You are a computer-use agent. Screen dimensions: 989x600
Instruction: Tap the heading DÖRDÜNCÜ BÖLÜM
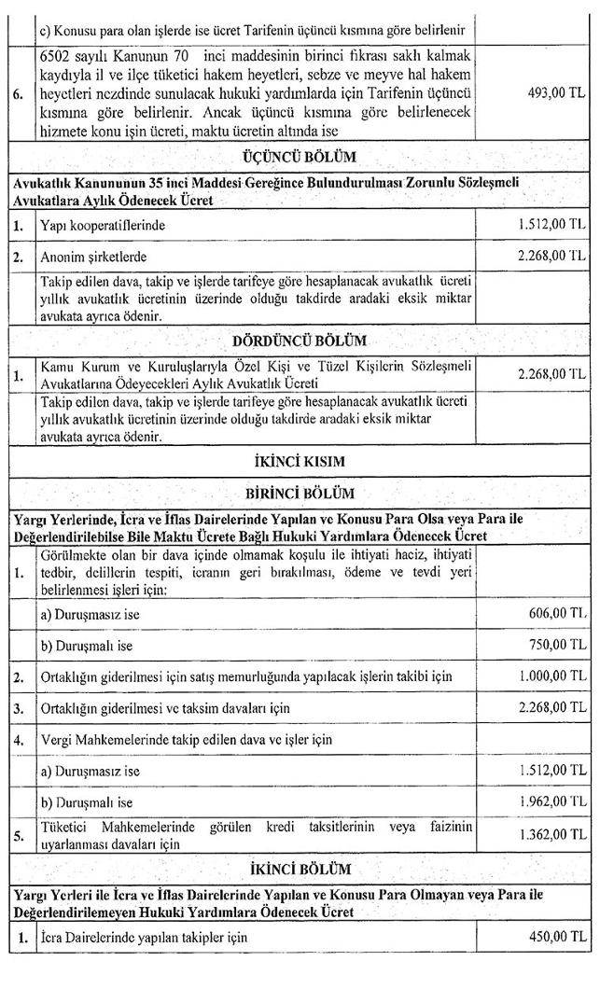pos(300,341)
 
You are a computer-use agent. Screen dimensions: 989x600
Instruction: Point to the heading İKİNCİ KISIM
pos(300,461)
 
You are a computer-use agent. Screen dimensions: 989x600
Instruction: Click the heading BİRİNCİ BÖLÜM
pos(300,493)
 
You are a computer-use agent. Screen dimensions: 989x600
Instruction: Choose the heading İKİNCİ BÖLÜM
pos(300,870)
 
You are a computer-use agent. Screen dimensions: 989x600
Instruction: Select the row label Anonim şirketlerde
pos(93,256)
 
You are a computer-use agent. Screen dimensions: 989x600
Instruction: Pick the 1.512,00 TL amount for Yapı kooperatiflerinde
pos(551,225)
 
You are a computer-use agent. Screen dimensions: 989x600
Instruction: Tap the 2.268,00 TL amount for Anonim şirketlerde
pos(551,254)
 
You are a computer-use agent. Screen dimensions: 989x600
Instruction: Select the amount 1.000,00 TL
pos(551,676)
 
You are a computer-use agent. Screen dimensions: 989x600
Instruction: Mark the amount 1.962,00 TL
pos(551,801)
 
